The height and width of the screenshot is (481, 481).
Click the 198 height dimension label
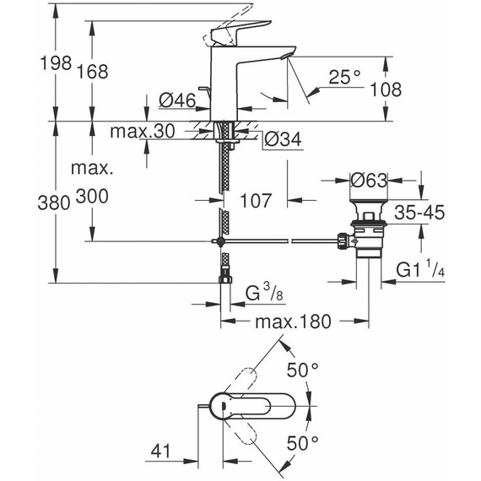(x=56, y=63)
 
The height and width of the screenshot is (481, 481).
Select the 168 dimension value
(x=92, y=72)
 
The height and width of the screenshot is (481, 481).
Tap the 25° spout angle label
(x=344, y=77)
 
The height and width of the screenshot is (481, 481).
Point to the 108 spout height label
(x=386, y=89)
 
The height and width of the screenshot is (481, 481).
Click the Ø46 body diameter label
(x=177, y=100)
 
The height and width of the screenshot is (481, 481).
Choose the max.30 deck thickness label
(x=143, y=131)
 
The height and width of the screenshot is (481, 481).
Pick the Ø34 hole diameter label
(x=283, y=139)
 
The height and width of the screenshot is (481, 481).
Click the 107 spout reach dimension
(x=256, y=201)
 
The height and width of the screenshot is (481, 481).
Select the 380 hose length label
(x=54, y=203)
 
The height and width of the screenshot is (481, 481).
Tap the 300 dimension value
(x=92, y=196)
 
